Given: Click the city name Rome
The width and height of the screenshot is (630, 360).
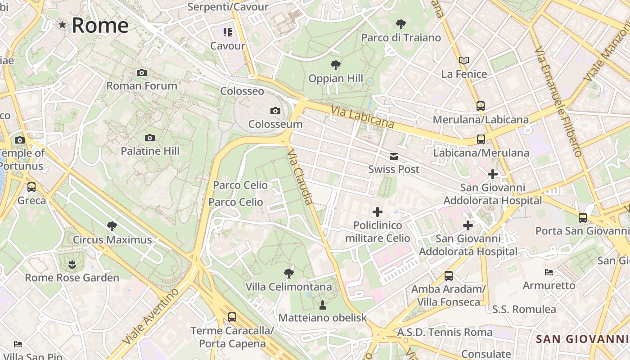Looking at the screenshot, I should (x=100, y=25).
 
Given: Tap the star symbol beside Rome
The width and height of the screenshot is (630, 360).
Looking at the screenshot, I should (x=62, y=25).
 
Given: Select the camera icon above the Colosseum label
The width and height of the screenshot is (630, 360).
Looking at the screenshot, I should (x=275, y=111).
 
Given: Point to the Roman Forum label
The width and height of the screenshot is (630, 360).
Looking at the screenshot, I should (x=142, y=85).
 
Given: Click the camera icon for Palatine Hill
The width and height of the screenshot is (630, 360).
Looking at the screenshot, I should (x=150, y=138).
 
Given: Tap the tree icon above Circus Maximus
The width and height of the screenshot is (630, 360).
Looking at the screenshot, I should (x=112, y=226).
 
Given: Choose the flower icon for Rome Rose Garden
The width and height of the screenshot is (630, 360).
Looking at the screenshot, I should (x=72, y=264).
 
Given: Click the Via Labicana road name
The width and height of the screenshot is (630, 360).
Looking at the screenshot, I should (x=362, y=117).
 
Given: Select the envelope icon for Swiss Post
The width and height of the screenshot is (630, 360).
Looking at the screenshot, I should (x=394, y=156).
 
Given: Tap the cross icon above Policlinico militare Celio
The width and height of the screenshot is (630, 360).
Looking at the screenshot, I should (x=378, y=212).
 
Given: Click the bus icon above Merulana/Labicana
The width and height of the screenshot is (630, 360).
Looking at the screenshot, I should (x=481, y=106).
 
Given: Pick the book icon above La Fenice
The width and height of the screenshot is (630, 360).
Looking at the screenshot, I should (x=464, y=60).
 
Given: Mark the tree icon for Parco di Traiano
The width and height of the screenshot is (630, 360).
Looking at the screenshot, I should (x=400, y=24).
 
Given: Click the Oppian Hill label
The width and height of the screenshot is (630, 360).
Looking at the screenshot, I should (x=336, y=78).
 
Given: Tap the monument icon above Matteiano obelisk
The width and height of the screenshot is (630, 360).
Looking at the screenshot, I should (x=322, y=305).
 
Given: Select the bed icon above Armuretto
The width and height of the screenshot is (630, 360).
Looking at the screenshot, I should (x=549, y=272).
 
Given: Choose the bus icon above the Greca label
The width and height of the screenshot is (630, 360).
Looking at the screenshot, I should (x=31, y=187).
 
